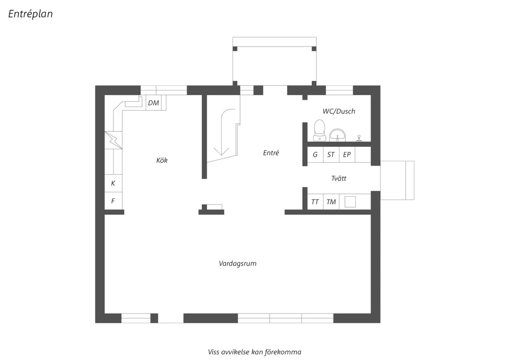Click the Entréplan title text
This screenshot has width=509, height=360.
(x=31, y=14)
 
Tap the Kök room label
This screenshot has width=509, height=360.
(x=162, y=160)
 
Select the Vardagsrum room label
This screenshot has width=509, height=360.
(x=238, y=264)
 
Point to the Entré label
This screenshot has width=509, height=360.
(x=271, y=152)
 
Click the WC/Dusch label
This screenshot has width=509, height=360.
(x=339, y=111)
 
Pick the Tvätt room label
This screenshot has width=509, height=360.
(x=339, y=178)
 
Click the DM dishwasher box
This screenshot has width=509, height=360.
(x=154, y=103)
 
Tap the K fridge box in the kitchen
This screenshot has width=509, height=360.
(x=113, y=183)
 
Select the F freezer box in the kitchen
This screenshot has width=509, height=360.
(x=113, y=201)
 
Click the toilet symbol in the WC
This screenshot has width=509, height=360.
(x=320, y=130)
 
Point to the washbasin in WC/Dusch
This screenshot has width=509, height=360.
(x=337, y=135)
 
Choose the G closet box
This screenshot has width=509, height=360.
(x=315, y=155)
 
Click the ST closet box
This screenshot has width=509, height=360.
(x=331, y=155)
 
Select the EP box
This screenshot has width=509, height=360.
(x=347, y=155)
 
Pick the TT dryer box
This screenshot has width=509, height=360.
(x=315, y=202)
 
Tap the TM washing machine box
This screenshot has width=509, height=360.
(x=331, y=202)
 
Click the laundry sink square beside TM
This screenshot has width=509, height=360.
(x=350, y=202)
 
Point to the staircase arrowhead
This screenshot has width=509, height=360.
(x=221, y=151)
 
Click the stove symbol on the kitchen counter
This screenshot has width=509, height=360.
(x=113, y=140)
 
